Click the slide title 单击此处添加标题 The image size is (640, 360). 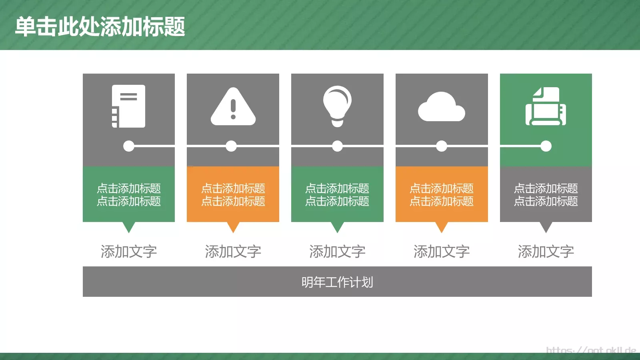pos(100,27)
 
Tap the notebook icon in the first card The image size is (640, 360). pos(128,106)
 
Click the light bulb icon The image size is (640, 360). pos(337,106)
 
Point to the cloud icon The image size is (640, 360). pos(441,107)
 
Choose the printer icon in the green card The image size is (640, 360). pos(546,107)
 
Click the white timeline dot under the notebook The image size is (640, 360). pos(129,146)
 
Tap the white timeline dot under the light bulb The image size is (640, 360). pos(337,146)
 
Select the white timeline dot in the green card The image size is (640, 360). pos(546,146)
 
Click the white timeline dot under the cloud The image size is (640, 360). pos(442,146)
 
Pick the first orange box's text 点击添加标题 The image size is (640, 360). pos(233,194)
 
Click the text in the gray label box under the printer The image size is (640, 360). pos(546,194)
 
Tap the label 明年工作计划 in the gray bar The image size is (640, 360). pos(337,282)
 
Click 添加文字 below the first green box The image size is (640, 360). pos(128,252)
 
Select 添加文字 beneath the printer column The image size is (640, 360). pos(546,252)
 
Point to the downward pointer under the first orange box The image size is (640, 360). pos(233,227)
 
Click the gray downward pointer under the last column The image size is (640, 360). pos(546,227)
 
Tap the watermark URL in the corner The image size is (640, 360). pos(591,350)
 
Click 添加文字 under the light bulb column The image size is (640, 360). pos(337,252)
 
